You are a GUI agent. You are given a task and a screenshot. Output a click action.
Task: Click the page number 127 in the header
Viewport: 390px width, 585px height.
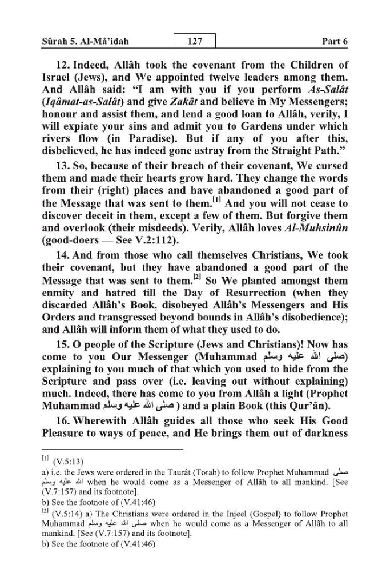tap(194, 42)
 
